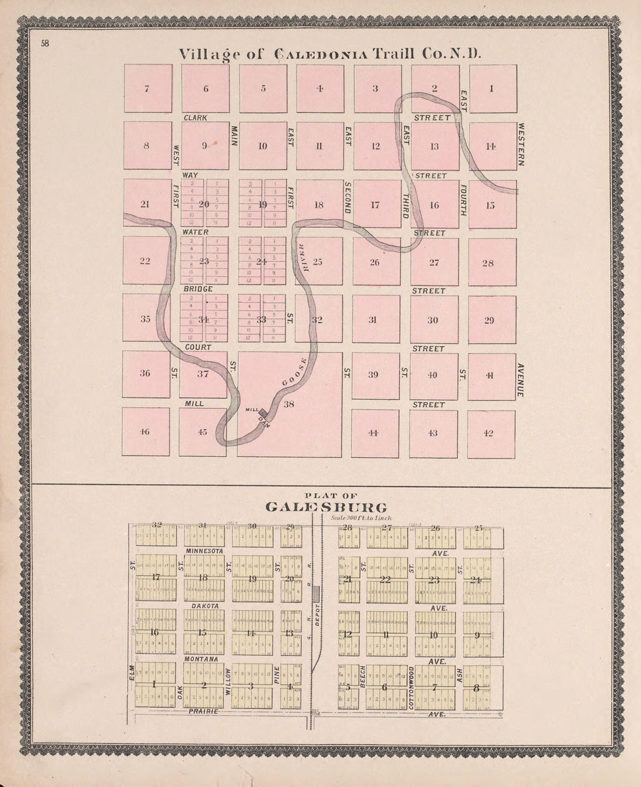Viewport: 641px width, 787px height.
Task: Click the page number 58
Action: coord(45,43)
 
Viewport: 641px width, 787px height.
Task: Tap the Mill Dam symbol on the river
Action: coord(263,412)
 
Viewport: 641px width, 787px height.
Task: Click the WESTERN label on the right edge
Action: coord(521,144)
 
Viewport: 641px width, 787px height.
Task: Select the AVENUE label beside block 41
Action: coord(520,380)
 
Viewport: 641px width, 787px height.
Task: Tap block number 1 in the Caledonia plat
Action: coord(491,89)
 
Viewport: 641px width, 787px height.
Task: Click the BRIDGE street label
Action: coord(199,289)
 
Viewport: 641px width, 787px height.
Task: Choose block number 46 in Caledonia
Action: coord(145,432)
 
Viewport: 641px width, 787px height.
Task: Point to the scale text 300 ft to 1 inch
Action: coord(361,517)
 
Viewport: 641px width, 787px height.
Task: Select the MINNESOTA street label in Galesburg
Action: coord(205,550)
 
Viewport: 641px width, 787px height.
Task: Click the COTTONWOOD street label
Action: coord(411,687)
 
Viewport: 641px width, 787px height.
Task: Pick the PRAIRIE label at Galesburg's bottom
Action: coord(202,711)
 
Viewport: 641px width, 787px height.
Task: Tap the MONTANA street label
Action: coord(202,659)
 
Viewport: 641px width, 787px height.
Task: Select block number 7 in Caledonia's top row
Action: coord(147,89)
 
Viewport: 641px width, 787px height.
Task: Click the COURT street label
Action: coord(197,347)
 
